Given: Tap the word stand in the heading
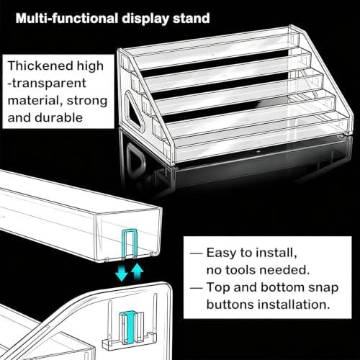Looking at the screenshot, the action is pyautogui.click(x=192, y=19).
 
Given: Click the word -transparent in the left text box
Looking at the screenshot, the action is pyautogui.click(x=47, y=83).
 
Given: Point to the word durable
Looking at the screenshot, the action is pyautogui.click(x=58, y=117).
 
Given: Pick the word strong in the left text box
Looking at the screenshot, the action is pyautogui.click(x=87, y=101).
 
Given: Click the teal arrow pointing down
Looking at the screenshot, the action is pyautogui.click(x=121, y=273).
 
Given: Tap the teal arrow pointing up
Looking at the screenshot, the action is pyautogui.click(x=138, y=271).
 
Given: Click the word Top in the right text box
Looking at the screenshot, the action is pyautogui.click(x=218, y=288).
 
